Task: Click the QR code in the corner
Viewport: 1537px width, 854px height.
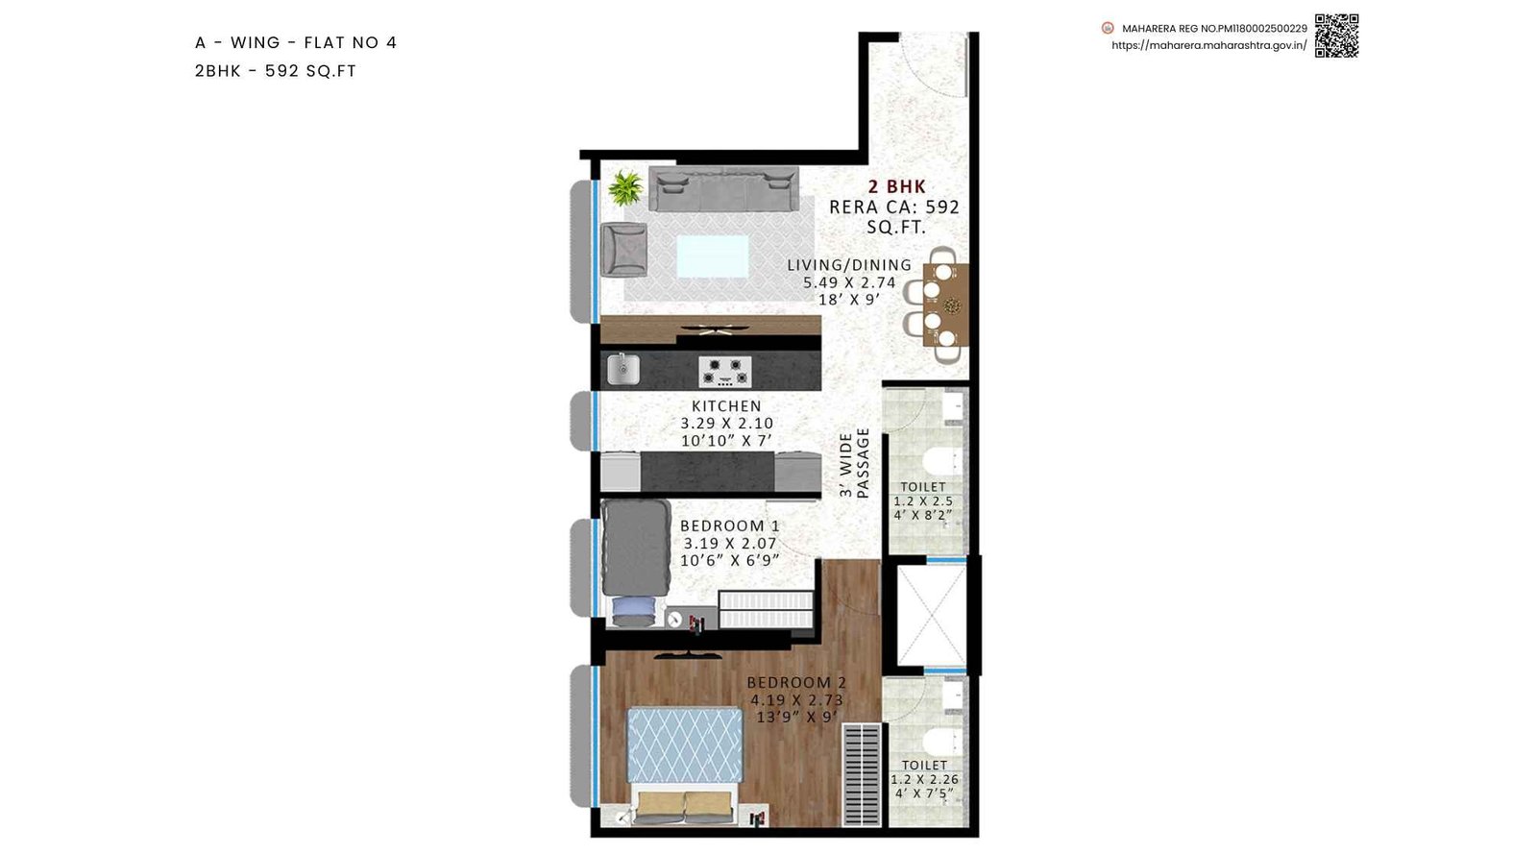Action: (1336, 36)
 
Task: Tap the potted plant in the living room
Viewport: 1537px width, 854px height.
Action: (625, 187)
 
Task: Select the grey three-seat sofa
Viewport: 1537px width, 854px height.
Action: (723, 189)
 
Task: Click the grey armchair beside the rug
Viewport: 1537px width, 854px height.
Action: (623, 250)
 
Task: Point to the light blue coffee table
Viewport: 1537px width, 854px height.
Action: (712, 256)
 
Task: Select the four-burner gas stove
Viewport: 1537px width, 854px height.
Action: (725, 370)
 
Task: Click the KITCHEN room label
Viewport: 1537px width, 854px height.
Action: (726, 406)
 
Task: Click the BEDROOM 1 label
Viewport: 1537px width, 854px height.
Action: (729, 525)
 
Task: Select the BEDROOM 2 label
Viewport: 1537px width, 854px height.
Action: (796, 682)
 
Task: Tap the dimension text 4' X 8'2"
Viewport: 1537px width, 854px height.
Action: (922, 515)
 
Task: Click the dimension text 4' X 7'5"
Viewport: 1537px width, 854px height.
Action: (923, 793)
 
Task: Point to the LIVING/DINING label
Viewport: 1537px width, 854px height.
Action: (849, 265)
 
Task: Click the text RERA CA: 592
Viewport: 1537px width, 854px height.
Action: (893, 207)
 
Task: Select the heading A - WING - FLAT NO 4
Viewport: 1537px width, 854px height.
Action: (296, 42)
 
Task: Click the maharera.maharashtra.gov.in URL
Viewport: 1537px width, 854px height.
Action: (1208, 45)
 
